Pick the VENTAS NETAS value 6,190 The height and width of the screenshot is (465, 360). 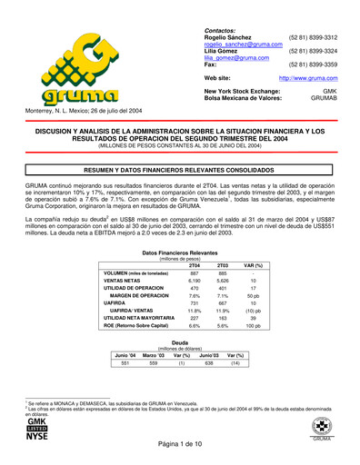pyautogui.click(x=195, y=282)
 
